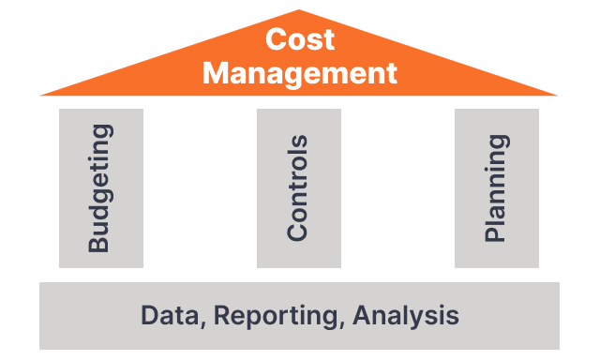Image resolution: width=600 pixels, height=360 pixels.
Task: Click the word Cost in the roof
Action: [x=300, y=39]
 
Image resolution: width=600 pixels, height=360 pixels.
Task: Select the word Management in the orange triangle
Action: [x=300, y=73]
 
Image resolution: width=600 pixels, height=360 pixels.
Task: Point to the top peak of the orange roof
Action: [x=299, y=10]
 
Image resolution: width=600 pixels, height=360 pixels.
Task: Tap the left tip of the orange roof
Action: [x=40, y=95]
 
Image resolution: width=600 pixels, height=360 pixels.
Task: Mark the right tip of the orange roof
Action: [x=557, y=95]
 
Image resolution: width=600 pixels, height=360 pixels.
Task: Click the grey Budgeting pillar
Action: [x=101, y=188]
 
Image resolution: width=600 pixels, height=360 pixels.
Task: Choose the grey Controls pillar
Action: [x=299, y=188]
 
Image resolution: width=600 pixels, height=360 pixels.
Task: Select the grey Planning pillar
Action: [x=497, y=188]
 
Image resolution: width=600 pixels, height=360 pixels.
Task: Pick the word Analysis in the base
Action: [x=406, y=317]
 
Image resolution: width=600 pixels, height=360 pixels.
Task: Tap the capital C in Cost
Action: [x=276, y=39]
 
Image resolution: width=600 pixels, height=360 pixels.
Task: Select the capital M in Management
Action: [x=216, y=73]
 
